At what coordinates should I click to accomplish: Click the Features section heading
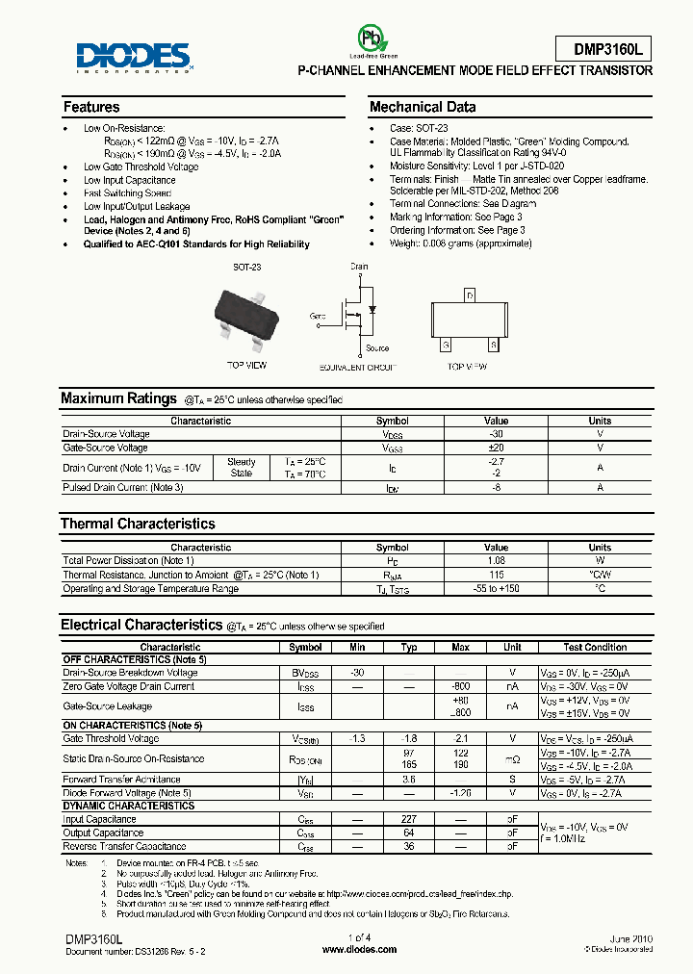pyautogui.click(x=91, y=107)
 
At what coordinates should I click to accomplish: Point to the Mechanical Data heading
pyautogui.click(x=423, y=107)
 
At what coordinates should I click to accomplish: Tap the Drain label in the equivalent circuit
pyautogui.click(x=358, y=267)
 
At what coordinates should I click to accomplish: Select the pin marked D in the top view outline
pyautogui.click(x=469, y=295)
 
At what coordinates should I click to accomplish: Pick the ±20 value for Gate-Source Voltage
pyautogui.click(x=496, y=448)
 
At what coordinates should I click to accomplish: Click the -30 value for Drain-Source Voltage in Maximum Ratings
pyautogui.click(x=496, y=434)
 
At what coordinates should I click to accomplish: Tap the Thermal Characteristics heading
pyautogui.click(x=138, y=524)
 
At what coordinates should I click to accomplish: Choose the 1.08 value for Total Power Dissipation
pyautogui.click(x=496, y=560)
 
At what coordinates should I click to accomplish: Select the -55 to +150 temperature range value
pyautogui.click(x=496, y=588)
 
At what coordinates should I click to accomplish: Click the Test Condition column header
pyautogui.click(x=595, y=648)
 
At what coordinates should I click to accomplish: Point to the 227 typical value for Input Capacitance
pyautogui.click(x=409, y=819)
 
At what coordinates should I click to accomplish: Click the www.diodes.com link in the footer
pyautogui.click(x=359, y=949)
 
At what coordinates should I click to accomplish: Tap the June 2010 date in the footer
pyautogui.click(x=630, y=936)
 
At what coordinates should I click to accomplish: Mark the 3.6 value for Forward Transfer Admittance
pyautogui.click(x=409, y=780)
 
